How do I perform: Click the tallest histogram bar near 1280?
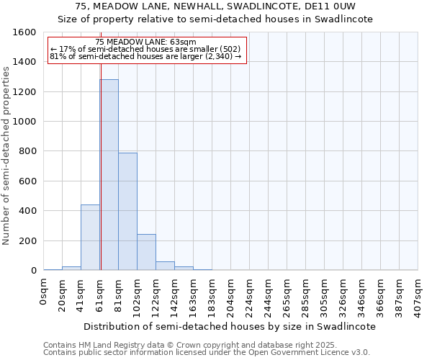(x=109, y=175)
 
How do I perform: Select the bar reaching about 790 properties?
(x=127, y=212)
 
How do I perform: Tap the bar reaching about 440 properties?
(x=90, y=238)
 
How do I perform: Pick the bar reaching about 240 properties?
(x=146, y=252)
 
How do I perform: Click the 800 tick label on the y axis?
(x=27, y=151)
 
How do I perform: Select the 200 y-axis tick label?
(x=27, y=240)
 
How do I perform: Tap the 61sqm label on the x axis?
(x=100, y=293)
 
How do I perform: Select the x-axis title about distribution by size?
(x=230, y=326)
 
